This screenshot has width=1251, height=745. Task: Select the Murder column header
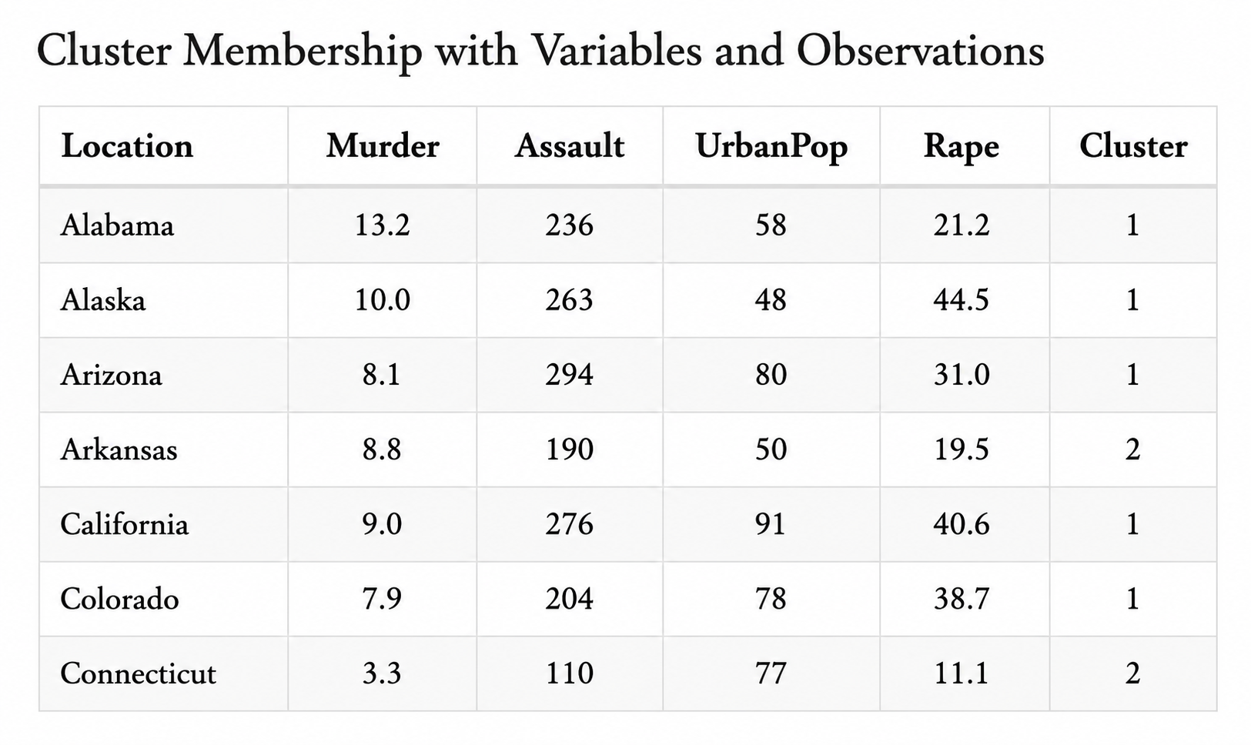(383, 145)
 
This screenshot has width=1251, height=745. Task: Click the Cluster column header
(1133, 145)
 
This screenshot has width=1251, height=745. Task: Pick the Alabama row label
(117, 226)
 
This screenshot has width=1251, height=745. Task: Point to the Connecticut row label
(138, 673)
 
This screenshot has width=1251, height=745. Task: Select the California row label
(125, 524)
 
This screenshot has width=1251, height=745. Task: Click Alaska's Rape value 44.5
(961, 300)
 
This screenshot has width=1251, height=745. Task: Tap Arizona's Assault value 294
(569, 374)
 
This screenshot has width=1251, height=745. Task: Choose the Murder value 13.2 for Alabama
(383, 226)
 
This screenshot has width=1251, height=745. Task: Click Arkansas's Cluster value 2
(1132, 449)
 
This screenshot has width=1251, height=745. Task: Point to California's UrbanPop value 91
(771, 524)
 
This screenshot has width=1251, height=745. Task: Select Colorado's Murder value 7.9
(382, 599)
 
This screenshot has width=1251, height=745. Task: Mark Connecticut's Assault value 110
(569, 673)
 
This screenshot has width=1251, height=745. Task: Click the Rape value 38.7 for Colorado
(961, 599)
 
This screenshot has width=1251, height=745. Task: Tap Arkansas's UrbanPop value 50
(771, 449)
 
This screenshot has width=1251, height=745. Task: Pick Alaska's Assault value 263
(569, 300)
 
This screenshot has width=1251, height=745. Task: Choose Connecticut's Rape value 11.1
(961, 673)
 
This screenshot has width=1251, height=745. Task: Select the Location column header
(127, 145)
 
